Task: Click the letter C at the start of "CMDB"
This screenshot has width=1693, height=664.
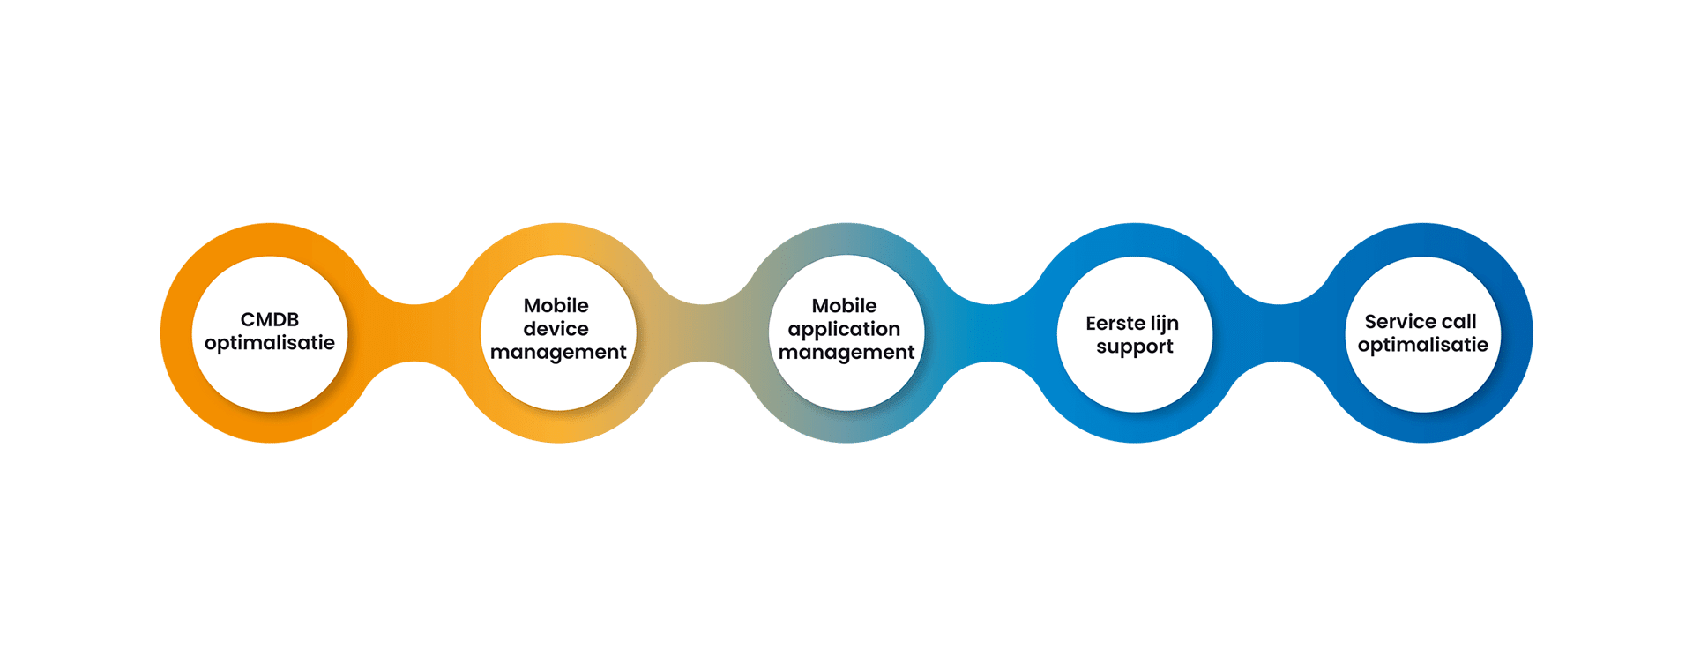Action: (x=248, y=319)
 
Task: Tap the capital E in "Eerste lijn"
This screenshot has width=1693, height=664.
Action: (x=1092, y=324)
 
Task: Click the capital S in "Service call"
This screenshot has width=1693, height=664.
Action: (x=1371, y=322)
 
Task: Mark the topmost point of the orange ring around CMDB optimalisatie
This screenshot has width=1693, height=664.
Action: (x=271, y=223)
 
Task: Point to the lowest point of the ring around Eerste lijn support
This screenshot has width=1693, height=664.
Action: (x=1135, y=443)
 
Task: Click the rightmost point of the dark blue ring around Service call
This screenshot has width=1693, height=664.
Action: (x=1533, y=333)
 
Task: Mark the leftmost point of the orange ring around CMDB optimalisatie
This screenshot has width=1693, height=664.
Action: (x=160, y=333)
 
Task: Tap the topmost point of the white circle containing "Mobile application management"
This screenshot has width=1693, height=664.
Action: (x=846, y=256)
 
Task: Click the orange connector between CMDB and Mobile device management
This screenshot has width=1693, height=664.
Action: (x=414, y=333)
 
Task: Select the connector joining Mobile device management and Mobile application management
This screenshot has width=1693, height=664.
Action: (x=703, y=333)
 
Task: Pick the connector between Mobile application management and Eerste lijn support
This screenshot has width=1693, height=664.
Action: (x=991, y=333)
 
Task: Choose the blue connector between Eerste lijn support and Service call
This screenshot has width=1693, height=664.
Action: (x=1279, y=333)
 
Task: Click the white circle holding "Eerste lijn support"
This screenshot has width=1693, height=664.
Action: (x=1135, y=334)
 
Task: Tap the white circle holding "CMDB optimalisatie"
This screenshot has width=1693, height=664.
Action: (x=270, y=334)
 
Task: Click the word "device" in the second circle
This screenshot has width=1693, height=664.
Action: (x=556, y=329)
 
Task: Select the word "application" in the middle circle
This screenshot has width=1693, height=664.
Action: (x=844, y=330)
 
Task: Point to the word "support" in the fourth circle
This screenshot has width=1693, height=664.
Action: (x=1135, y=347)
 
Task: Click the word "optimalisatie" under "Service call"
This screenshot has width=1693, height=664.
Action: (x=1422, y=345)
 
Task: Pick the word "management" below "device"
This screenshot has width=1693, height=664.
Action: (x=558, y=353)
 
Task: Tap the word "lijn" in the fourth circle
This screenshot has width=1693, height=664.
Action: (x=1165, y=325)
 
